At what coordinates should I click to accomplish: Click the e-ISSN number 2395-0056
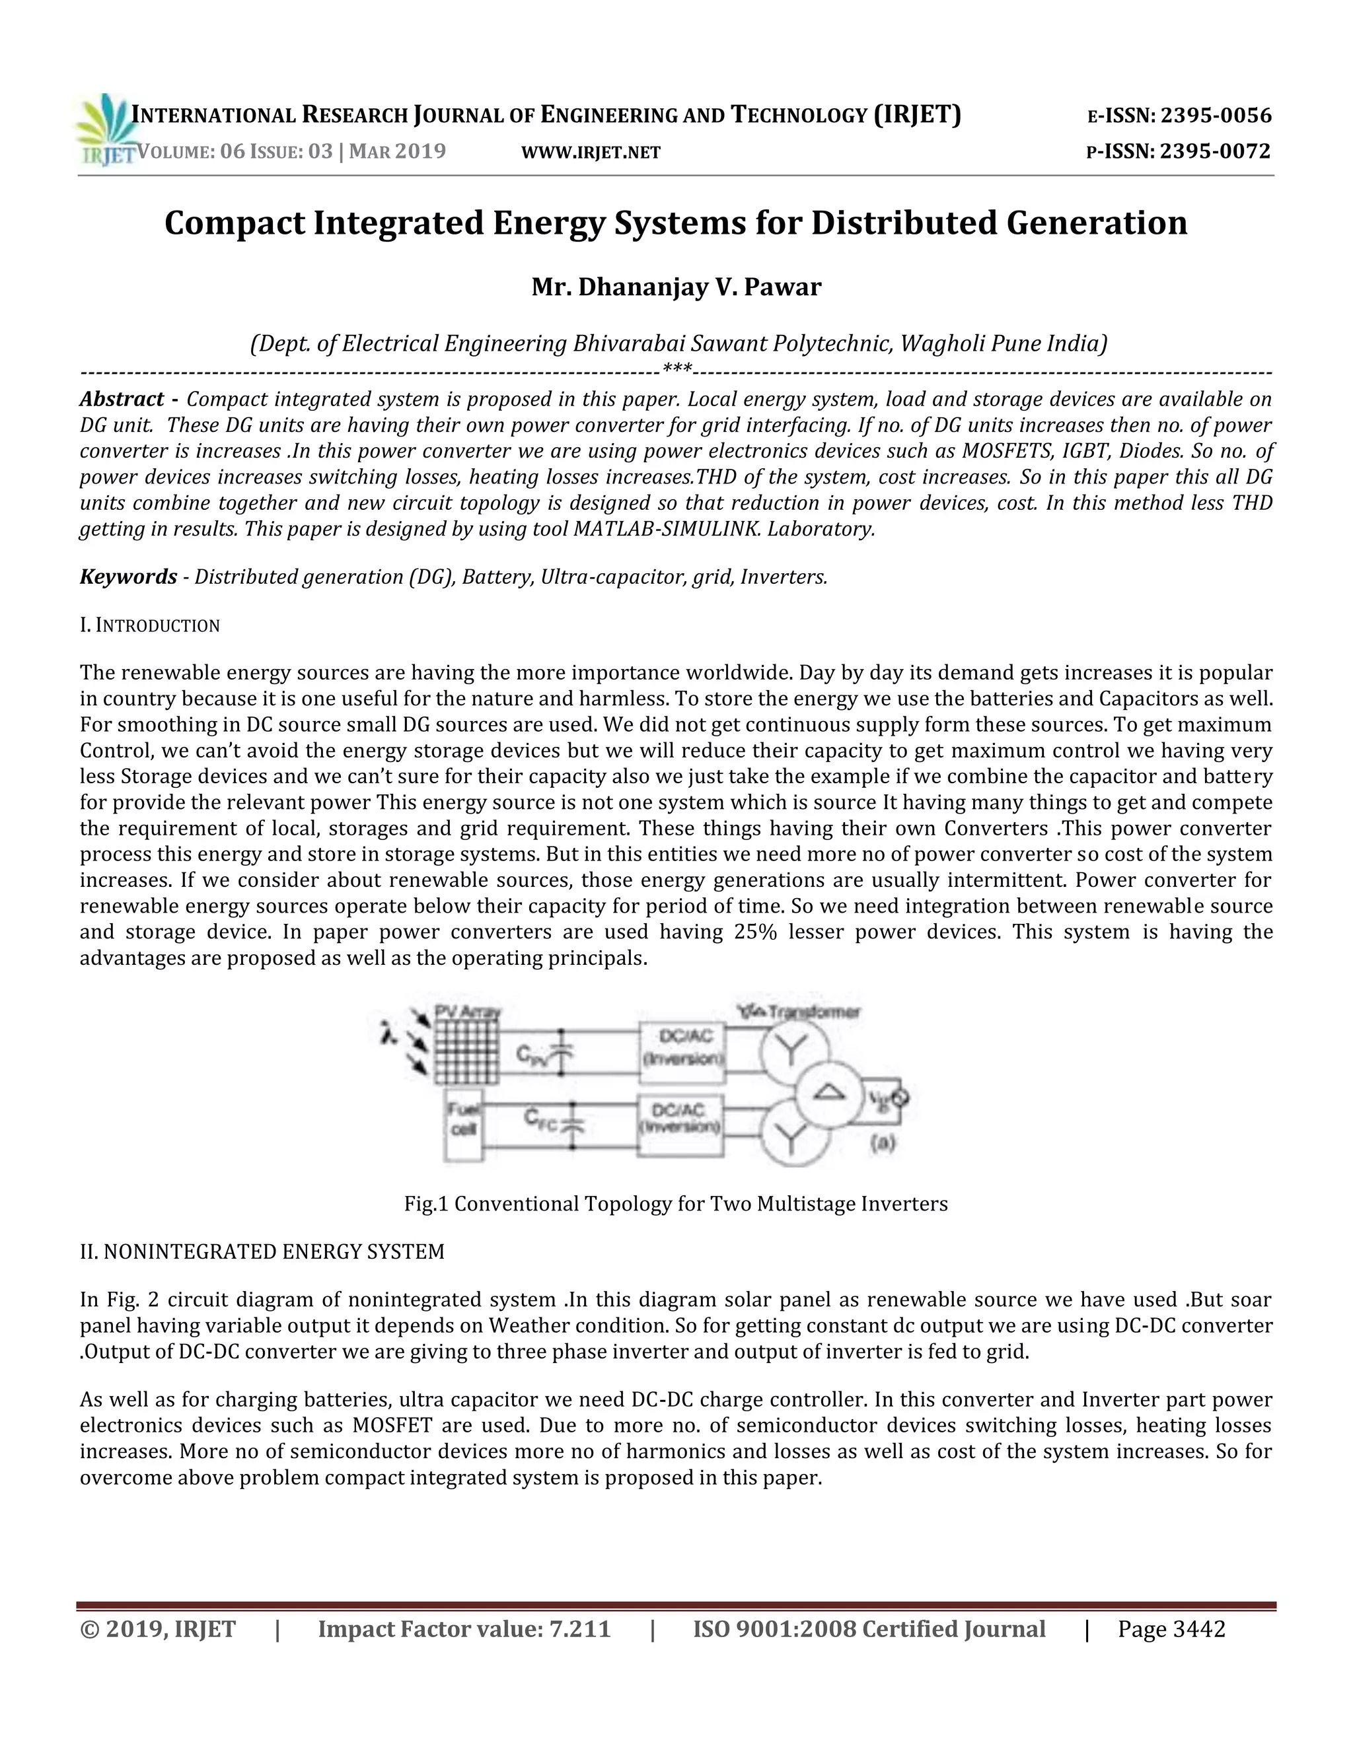pyautogui.click(x=1216, y=116)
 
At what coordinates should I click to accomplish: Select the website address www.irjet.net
pyautogui.click(x=591, y=153)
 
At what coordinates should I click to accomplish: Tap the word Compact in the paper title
pyautogui.click(x=234, y=223)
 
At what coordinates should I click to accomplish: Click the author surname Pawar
pyautogui.click(x=782, y=287)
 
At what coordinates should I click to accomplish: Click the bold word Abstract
pyautogui.click(x=122, y=399)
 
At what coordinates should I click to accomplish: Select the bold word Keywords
pyautogui.click(x=128, y=577)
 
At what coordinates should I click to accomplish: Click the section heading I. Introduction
pyautogui.click(x=150, y=625)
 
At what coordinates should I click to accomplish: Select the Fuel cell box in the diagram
pyautogui.click(x=463, y=1121)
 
